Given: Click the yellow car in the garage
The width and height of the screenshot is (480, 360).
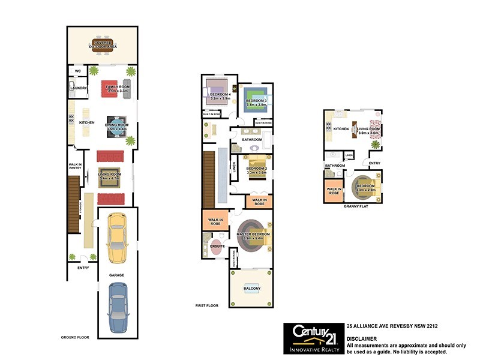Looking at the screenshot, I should click(x=118, y=239).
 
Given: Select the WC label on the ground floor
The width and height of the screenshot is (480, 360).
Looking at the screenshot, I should click(x=77, y=71).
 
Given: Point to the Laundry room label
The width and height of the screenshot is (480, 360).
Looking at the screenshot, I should click(x=79, y=88).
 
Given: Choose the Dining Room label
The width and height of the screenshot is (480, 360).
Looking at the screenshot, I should click(x=118, y=125).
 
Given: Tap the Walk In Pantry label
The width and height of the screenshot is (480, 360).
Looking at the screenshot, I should click(x=75, y=167).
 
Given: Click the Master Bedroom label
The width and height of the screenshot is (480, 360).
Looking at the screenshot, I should click(x=253, y=235).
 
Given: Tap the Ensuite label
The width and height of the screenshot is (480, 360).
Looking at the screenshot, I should click(x=217, y=246).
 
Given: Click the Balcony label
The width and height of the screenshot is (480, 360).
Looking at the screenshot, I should click(x=251, y=289).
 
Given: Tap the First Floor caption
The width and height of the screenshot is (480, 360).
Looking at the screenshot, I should click(x=206, y=306).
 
